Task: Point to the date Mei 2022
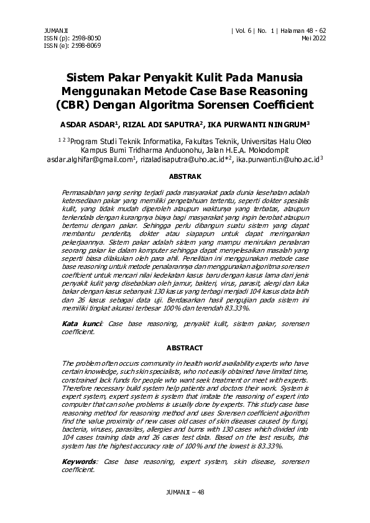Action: [x=314, y=37]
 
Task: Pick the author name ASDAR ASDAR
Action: [x=88, y=124]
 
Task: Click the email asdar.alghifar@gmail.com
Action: [x=90, y=160]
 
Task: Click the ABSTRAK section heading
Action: [x=185, y=176]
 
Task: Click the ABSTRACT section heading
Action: [x=185, y=348]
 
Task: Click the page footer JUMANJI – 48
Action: [x=185, y=492]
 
